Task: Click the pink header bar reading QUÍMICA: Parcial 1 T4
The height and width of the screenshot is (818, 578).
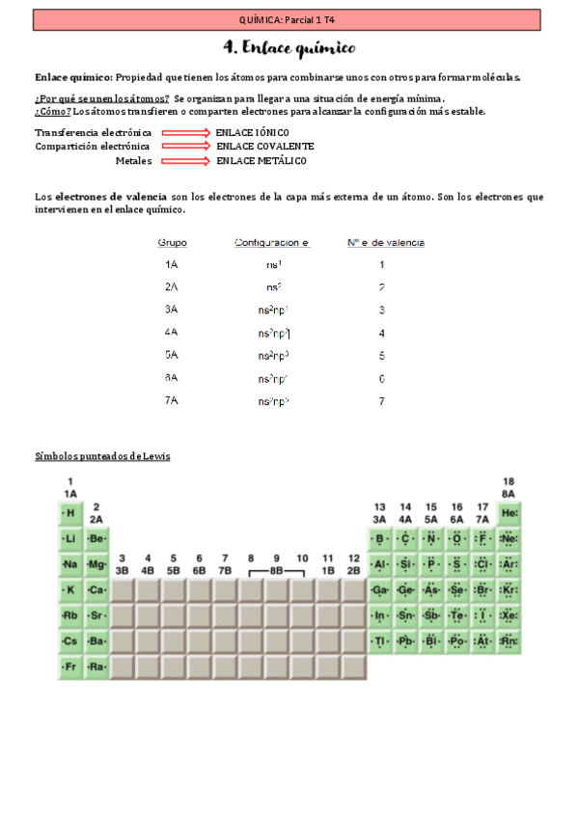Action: pos(289,18)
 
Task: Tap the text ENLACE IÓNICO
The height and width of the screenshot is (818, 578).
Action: pos(252,132)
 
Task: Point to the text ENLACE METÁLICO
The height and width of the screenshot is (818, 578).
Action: pos(261,161)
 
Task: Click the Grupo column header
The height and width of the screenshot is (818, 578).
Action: pos(172,242)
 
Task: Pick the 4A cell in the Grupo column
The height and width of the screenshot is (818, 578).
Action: pos(172,332)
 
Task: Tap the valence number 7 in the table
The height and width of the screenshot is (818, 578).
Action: pos(382,400)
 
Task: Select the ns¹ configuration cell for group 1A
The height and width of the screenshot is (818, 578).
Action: pos(273,264)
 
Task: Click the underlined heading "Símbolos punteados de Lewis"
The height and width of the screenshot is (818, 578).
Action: pos(102,456)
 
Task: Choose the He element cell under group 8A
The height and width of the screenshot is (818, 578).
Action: pos(509,513)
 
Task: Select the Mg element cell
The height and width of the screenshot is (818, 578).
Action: pos(96,564)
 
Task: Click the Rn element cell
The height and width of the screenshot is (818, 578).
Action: pos(509,641)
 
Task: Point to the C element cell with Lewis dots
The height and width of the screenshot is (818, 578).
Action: pos(405,538)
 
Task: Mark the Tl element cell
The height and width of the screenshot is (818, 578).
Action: pos(380,641)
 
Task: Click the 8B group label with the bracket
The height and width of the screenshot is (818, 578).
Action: pos(276,571)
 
